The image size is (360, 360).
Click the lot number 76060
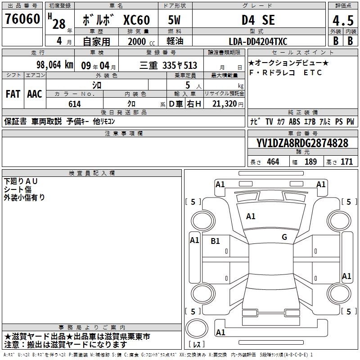point(22,19)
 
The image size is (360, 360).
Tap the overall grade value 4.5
point(343,20)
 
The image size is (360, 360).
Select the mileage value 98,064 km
point(54,65)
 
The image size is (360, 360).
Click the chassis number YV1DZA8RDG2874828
point(302,143)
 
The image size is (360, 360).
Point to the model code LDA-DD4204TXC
point(258,41)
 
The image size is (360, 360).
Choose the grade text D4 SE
point(258,20)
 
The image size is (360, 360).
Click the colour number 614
point(75,104)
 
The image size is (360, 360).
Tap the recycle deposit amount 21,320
point(225,104)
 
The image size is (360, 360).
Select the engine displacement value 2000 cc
point(141,42)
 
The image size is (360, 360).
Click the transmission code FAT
point(13,94)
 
